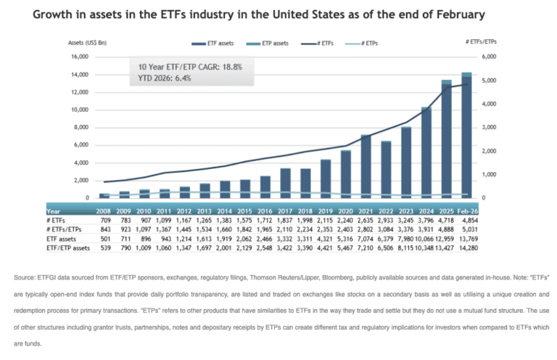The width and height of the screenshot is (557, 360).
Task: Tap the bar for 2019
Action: pos(326,179)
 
